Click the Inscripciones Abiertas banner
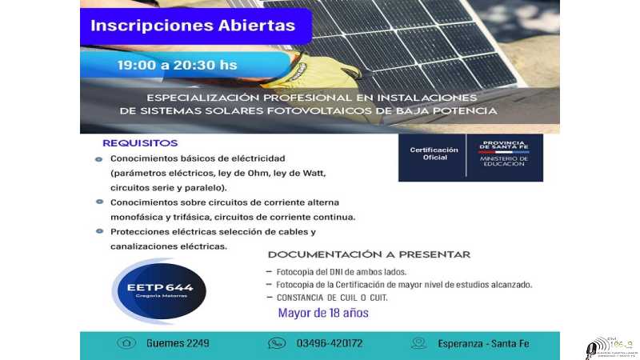[193, 25]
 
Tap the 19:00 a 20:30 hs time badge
[177, 65]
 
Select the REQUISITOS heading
[139, 143]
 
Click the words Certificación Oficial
[434, 153]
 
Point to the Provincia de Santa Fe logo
[504, 153]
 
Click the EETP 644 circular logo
[162, 290]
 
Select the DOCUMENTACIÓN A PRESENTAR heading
[369, 254]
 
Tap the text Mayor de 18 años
[323, 313]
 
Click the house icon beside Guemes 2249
[126, 343]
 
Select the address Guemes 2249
[178, 343]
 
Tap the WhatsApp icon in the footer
[277, 343]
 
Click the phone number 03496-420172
[330, 343]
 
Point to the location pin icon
[418, 343]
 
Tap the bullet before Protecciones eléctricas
[99, 231]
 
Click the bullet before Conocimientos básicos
[99, 158]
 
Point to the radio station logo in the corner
[610, 346]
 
